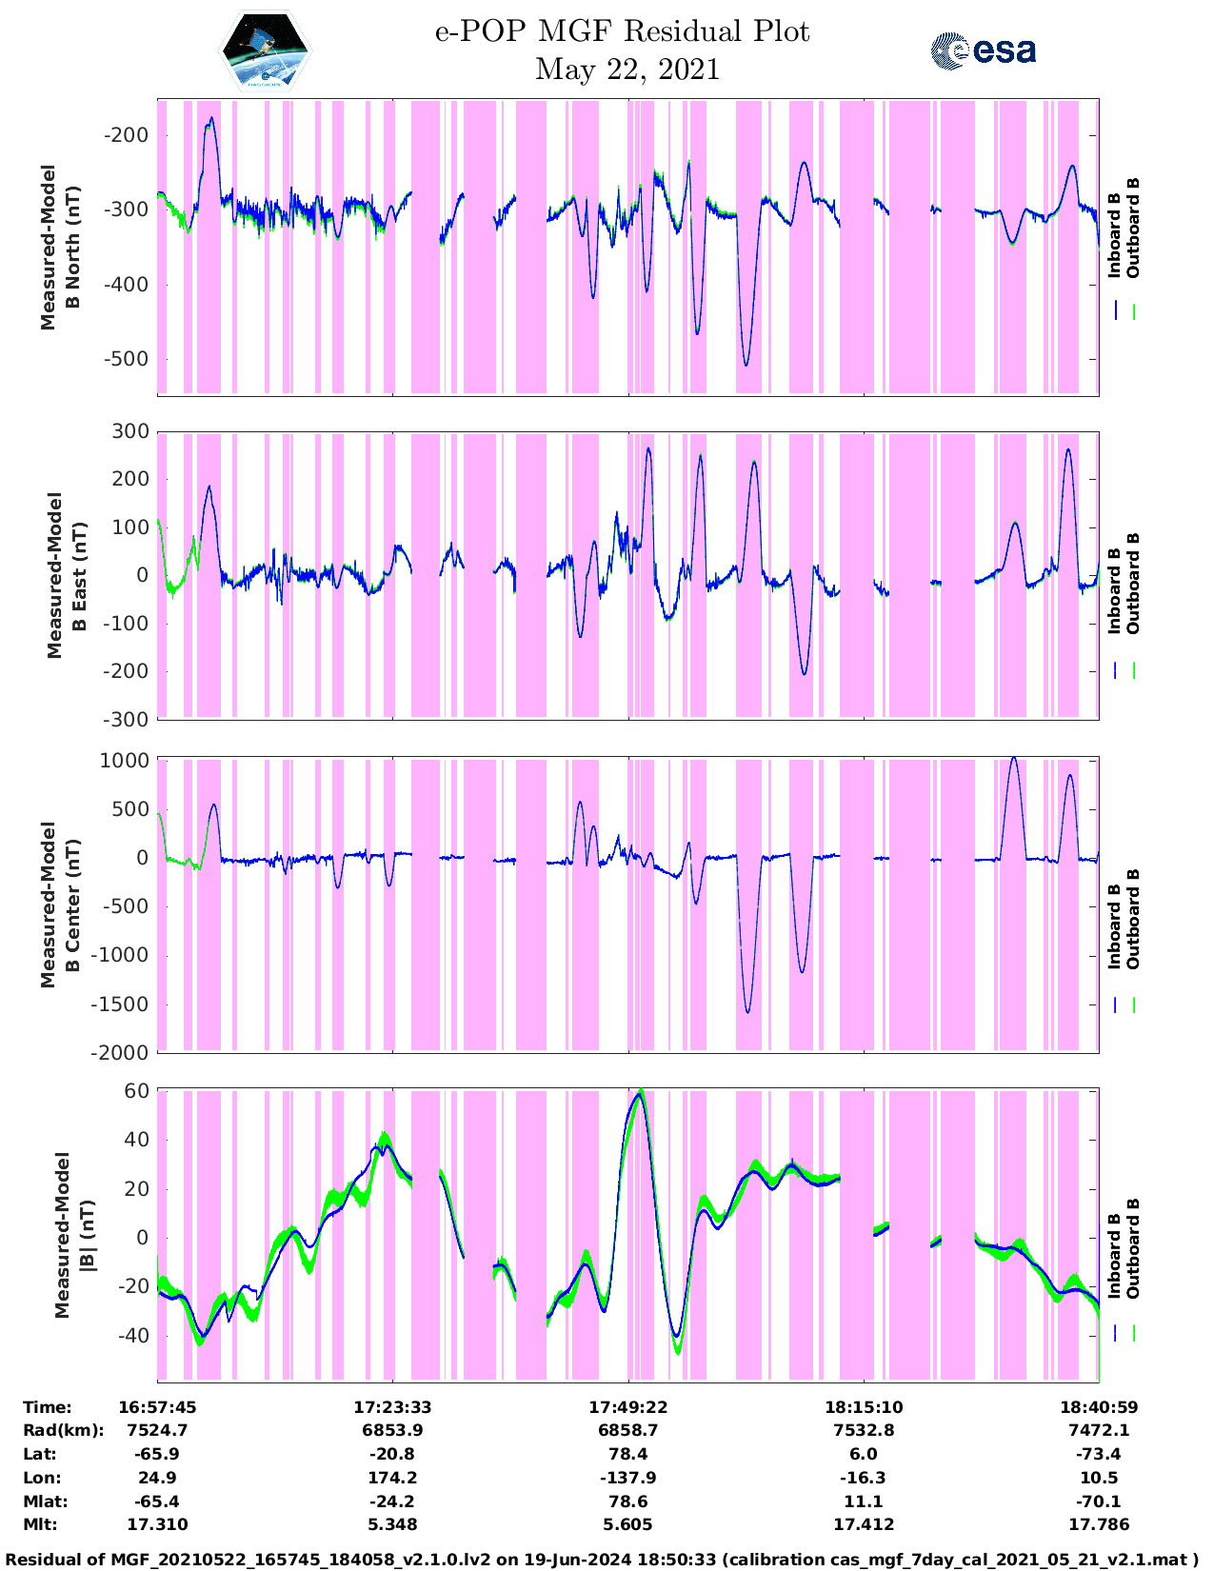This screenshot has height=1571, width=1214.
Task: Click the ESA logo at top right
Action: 984,50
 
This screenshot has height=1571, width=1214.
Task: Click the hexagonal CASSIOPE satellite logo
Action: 266,51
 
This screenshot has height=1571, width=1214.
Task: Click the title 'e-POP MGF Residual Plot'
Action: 623,31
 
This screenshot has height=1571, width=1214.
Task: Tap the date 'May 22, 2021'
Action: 627,70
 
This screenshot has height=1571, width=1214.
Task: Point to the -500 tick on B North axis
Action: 125,359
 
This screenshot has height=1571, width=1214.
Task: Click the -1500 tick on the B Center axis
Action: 120,1004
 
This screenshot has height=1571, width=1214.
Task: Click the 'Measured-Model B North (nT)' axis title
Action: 60,248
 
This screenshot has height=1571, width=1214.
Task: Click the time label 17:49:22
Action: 628,1407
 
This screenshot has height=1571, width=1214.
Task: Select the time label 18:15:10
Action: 864,1407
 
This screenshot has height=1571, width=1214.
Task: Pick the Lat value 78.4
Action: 628,1454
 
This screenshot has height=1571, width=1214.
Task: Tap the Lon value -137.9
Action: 628,1478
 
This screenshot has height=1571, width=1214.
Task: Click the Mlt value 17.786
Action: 1099,1524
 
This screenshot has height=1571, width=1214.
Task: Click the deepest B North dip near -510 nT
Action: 746,365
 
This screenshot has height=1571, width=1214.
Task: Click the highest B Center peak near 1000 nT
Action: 1013,758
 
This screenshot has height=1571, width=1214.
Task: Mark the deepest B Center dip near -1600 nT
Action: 747,1012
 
